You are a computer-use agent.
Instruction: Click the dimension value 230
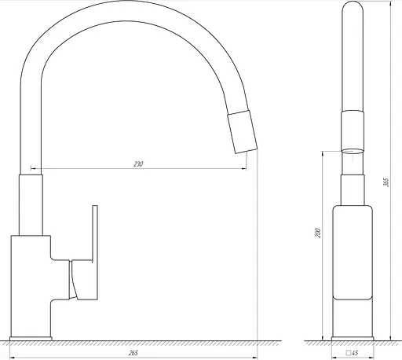click(138, 164)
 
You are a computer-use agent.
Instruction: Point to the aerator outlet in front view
click(353, 148)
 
